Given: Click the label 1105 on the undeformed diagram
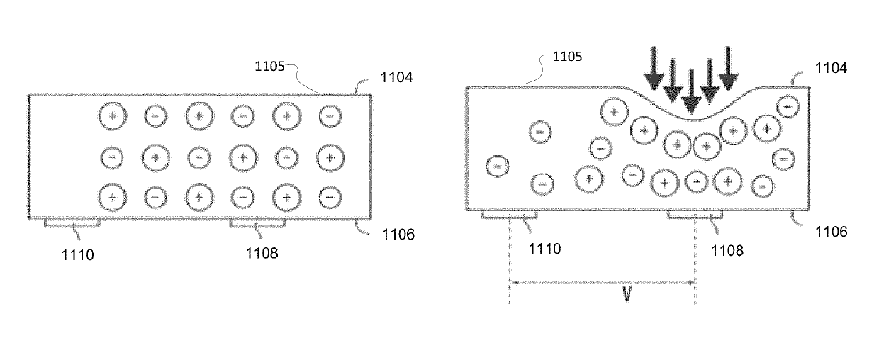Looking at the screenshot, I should (270, 67).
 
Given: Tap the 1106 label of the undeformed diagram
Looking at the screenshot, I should (397, 234).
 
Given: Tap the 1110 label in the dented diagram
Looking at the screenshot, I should (545, 248).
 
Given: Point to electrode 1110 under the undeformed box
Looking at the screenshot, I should (72, 223).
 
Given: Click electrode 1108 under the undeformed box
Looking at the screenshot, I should (257, 223).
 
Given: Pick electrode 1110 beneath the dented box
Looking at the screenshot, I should (510, 215).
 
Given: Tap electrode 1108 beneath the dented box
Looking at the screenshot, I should (695, 215).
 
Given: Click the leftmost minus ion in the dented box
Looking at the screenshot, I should (497, 166).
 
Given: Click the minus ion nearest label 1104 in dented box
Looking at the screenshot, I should (787, 106).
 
